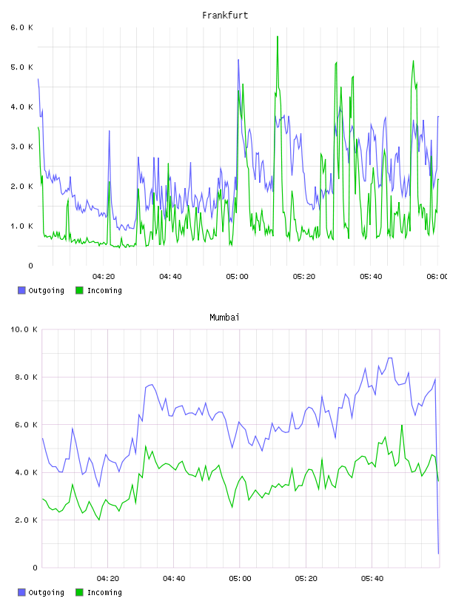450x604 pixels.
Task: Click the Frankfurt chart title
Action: [x=225, y=16]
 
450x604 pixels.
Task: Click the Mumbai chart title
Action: [x=224, y=318]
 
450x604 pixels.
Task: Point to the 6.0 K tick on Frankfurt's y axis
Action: [x=22, y=27]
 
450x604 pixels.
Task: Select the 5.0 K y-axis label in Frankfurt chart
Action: [x=22, y=67]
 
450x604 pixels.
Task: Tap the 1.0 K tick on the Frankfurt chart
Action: [x=22, y=226]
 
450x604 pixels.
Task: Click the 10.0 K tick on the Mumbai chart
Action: [x=24, y=329]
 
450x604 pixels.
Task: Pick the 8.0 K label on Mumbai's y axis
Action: [x=26, y=377]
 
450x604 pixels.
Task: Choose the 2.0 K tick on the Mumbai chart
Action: [x=26, y=520]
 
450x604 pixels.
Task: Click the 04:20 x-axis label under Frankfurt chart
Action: [x=104, y=277]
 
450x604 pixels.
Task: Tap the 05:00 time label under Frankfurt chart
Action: [x=238, y=277]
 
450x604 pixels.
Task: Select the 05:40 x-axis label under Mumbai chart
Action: [x=372, y=579]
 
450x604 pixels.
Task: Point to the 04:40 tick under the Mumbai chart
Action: [x=174, y=579]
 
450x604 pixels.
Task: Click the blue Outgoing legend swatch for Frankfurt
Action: [x=21, y=290]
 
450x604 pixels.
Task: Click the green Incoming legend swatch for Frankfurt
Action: [x=79, y=290]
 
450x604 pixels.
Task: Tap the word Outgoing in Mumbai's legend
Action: [x=46, y=592]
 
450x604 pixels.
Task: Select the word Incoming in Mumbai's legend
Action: [x=104, y=592]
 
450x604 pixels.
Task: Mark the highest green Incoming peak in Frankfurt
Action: [x=278, y=36]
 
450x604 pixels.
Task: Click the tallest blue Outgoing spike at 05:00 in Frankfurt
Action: [x=238, y=60]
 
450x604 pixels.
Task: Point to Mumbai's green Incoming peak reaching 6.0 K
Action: [x=402, y=426]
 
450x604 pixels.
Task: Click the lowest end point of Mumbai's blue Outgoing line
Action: [x=438, y=554]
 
